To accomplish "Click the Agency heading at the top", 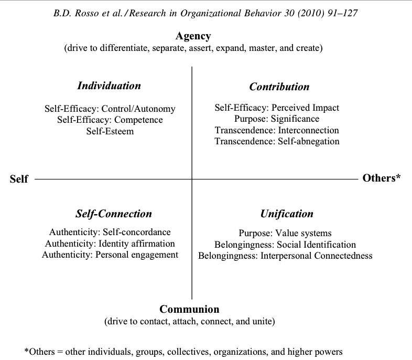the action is [193, 36].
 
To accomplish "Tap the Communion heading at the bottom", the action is [189, 309].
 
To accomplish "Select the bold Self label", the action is [19, 179].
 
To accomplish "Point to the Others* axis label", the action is [382, 178].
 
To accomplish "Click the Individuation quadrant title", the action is [109, 86].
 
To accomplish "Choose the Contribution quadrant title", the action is [279, 87].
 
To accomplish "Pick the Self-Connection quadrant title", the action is [114, 214].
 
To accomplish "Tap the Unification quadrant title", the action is [287, 214].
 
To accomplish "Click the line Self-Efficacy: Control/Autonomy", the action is [110, 109].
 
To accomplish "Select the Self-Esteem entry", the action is [110, 131].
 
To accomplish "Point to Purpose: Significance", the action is [277, 119].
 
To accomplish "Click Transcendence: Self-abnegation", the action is [277, 141].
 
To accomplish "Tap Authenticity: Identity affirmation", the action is [110, 243].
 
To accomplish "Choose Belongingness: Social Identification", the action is [285, 245].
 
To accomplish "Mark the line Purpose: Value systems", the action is [285, 233].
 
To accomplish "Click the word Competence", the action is [138, 120].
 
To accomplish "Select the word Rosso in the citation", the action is [87, 13].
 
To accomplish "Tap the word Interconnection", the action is [308, 130].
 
